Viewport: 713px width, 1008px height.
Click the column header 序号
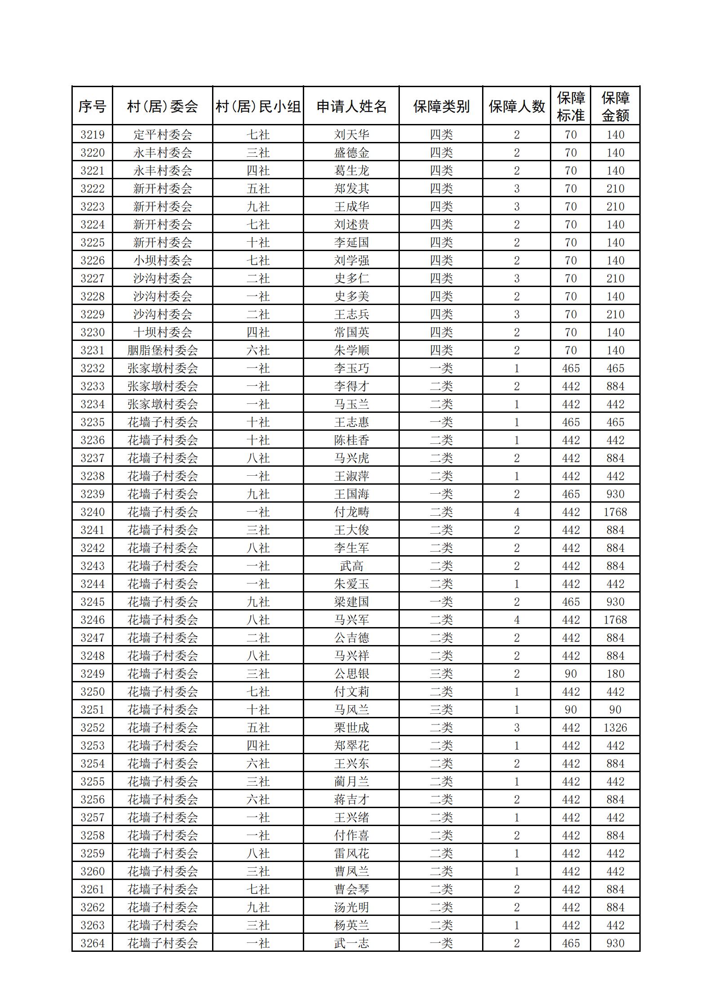pos(92,106)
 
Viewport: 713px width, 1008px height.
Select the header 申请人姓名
pos(351,106)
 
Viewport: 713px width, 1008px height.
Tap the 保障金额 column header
pos(615,106)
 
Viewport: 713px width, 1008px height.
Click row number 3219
pos(92,134)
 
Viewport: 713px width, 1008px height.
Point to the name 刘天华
pos(351,134)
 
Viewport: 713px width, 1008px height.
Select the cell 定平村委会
pos(162,134)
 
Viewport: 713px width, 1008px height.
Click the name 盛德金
pos(351,152)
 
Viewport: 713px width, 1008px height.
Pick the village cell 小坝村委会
pos(162,260)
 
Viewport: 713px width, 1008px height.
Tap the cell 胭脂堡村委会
pos(162,350)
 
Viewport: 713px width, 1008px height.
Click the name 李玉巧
pos(351,368)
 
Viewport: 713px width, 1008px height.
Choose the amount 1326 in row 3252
pos(615,727)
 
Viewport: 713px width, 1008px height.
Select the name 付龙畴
pos(351,512)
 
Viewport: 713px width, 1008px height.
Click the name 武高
pos(351,566)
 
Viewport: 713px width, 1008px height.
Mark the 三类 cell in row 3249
pos(441,673)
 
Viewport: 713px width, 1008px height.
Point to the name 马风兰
pos(351,709)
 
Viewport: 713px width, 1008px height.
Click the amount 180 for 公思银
pos(615,673)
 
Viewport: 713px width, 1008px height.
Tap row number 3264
pos(92,943)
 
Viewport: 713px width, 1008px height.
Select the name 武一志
pos(351,943)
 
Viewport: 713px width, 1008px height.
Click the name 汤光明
pos(351,907)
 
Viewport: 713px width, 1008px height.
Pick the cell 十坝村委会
pos(162,332)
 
